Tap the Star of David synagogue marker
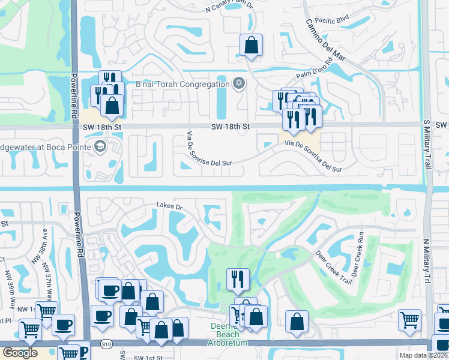[239, 83]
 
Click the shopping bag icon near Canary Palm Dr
[251, 45]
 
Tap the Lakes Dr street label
[169, 205]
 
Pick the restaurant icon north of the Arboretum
[238, 278]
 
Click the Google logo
[20, 353]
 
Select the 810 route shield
[106, 344]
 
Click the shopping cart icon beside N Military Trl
[409, 320]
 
